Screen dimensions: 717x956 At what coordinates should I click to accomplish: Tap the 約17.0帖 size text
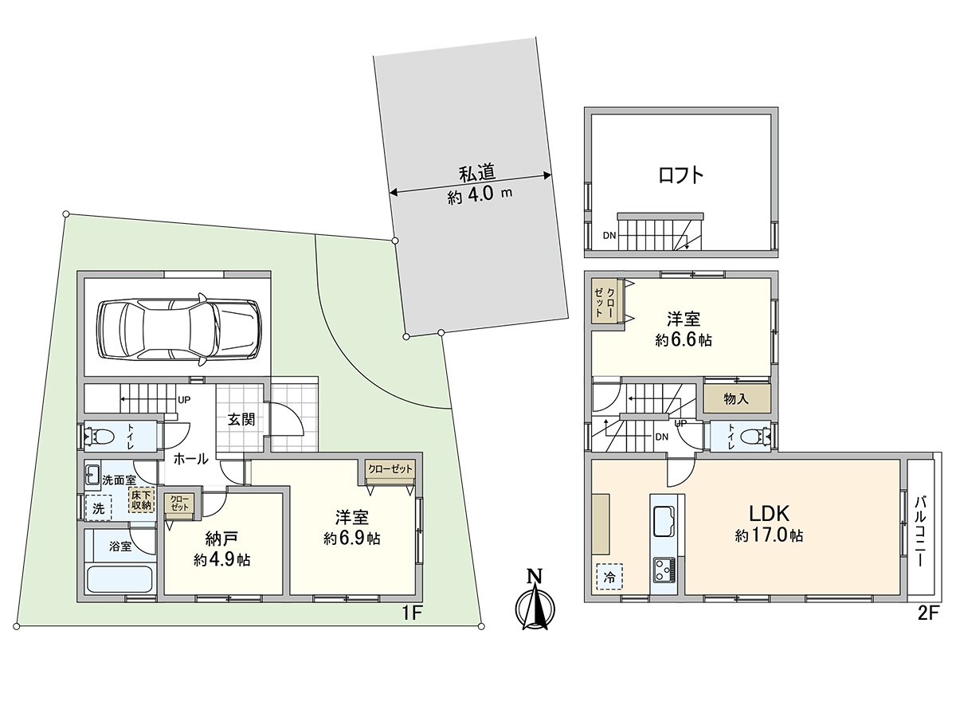(x=768, y=536)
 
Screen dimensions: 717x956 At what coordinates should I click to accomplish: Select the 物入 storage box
(x=737, y=398)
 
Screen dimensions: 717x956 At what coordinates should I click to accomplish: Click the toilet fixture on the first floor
(x=103, y=435)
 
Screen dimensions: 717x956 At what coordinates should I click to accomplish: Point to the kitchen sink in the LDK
(x=664, y=523)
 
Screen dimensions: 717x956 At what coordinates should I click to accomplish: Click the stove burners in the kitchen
(x=664, y=570)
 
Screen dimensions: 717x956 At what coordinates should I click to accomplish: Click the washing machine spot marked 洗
(x=99, y=507)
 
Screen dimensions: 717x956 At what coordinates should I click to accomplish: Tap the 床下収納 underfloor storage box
(x=141, y=500)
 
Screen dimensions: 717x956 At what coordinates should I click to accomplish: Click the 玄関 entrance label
(x=241, y=419)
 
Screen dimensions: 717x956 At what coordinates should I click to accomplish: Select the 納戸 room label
(x=222, y=538)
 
